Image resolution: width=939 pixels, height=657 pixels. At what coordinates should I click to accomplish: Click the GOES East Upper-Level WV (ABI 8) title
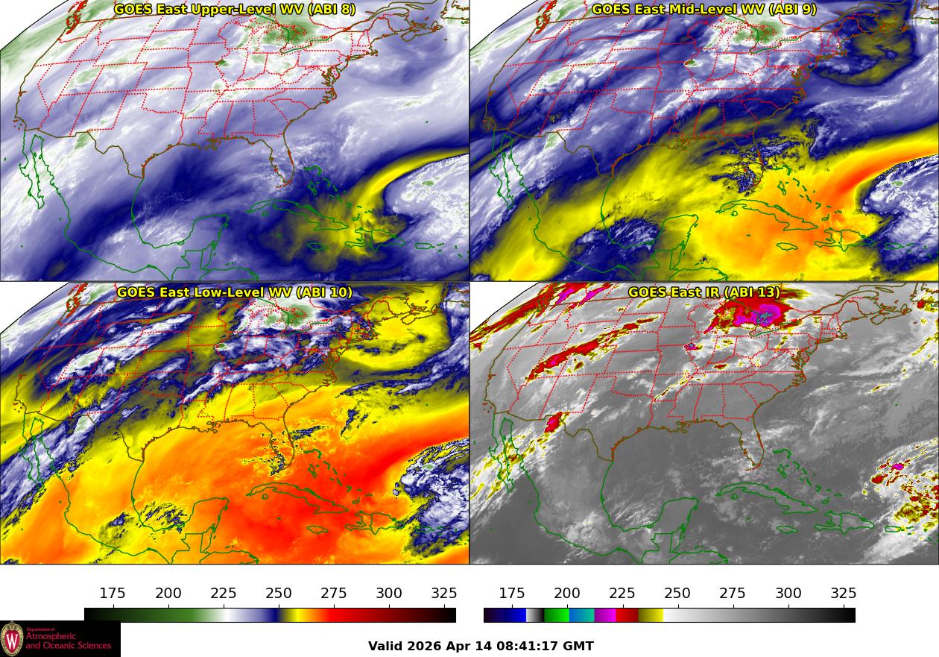point(235,9)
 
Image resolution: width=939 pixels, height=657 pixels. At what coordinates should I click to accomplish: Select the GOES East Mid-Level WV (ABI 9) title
point(704,9)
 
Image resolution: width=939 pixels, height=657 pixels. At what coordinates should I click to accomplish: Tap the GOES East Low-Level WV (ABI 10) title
point(235,292)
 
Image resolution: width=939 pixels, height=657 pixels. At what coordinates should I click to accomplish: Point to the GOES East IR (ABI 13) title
point(704,292)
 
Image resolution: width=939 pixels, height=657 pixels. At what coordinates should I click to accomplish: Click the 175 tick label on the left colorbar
point(113,593)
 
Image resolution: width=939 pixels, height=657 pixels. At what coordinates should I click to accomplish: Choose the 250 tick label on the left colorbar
point(279,593)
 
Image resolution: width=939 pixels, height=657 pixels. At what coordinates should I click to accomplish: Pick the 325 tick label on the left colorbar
point(444,593)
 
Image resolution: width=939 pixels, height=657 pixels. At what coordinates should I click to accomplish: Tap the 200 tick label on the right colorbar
point(567,593)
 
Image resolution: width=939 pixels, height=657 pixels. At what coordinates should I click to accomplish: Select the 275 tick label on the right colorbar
point(733,593)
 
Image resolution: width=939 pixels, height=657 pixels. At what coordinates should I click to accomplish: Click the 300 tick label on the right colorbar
point(788,593)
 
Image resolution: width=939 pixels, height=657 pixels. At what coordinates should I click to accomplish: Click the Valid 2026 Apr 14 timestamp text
point(481,646)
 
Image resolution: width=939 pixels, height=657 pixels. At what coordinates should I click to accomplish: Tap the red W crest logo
point(11,639)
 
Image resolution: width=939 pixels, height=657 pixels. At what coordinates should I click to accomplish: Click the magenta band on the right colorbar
point(604,615)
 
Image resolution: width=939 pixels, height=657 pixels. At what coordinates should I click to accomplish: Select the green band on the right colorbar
point(556,615)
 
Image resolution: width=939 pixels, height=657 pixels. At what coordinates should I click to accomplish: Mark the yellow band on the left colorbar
point(294,615)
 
